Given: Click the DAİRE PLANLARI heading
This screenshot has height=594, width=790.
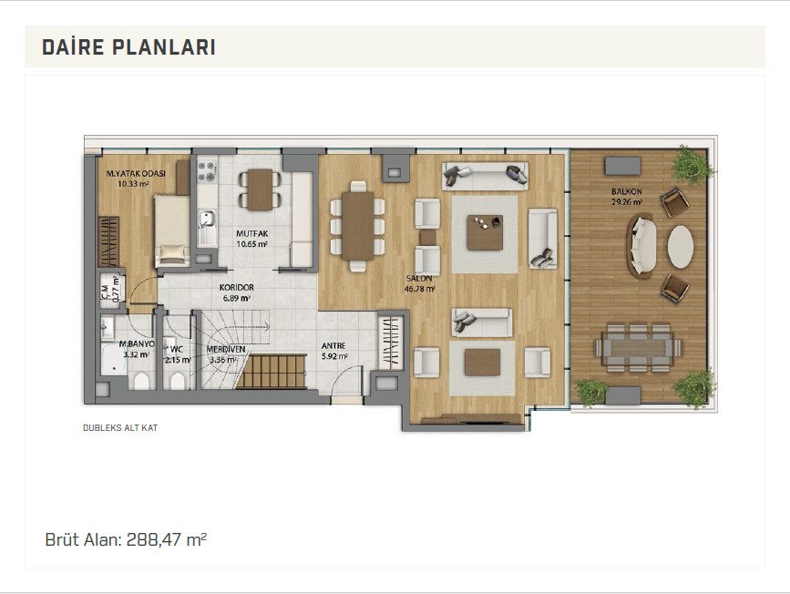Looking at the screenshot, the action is pos(129,46).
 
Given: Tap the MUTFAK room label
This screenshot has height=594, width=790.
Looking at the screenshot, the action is pos(251,239).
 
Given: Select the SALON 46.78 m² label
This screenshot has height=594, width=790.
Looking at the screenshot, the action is pos(420,283).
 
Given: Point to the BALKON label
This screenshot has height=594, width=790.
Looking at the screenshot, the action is pos(627,197).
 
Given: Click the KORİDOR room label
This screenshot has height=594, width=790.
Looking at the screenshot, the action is pos(236,292).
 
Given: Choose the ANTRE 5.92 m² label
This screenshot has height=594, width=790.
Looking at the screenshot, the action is pos(334,351).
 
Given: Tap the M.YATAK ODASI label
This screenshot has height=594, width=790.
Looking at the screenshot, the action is pos(135,179).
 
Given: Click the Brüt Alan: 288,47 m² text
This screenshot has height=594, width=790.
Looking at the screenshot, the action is pos(126,539).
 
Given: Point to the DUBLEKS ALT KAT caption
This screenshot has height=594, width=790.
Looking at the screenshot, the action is pos(120,428).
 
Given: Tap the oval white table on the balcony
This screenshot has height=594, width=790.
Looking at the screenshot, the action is pos(681,246).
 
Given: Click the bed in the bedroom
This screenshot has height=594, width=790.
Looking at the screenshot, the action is pos(172,230).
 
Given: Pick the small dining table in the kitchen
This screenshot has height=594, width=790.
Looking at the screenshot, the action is pos(260,189).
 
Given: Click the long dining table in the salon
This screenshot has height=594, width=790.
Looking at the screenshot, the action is pos(358,226).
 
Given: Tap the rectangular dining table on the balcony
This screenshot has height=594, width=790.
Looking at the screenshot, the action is pos(638,348).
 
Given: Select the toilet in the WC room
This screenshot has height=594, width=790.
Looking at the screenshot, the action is pos(178,381).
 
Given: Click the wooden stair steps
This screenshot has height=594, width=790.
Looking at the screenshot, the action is pos(271,372).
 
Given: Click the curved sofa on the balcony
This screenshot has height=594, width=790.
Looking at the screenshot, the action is pos(641,246).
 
